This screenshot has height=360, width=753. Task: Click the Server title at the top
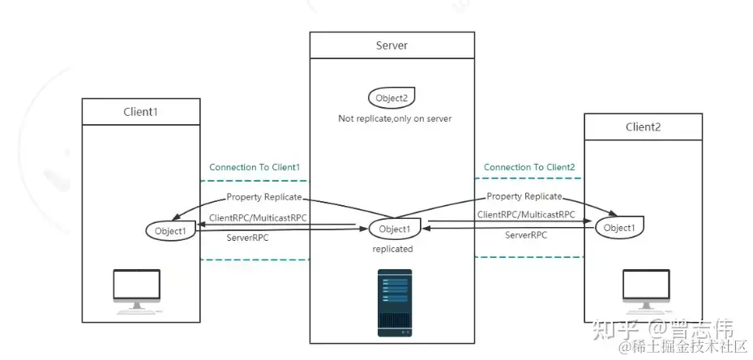click(x=391, y=45)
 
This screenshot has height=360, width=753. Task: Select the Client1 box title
click(x=140, y=111)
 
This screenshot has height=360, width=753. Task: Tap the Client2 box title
click(x=643, y=126)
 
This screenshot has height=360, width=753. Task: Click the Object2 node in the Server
click(x=392, y=98)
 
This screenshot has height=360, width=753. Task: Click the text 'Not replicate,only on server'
click(x=394, y=118)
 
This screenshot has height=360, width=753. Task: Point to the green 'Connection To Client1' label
click(x=255, y=168)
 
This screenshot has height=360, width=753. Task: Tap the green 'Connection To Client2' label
click(x=529, y=168)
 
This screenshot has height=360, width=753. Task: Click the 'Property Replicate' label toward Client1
click(x=264, y=197)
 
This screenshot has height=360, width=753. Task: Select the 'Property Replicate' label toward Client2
click(x=524, y=196)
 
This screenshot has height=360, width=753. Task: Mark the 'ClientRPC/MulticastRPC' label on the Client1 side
click(x=258, y=218)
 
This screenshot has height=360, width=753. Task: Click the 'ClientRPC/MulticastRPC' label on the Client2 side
click(x=526, y=215)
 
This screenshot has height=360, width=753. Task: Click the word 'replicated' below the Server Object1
click(x=393, y=249)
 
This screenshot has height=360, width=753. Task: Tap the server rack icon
click(x=394, y=302)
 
